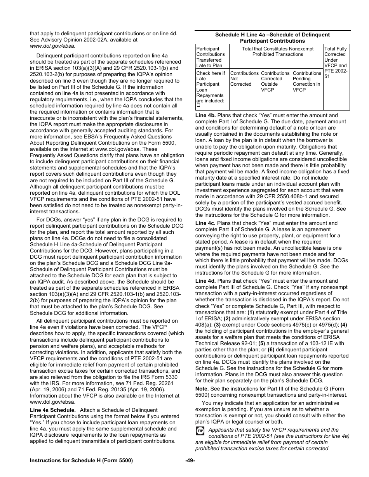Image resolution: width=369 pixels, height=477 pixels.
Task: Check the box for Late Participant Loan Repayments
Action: pos(198,105)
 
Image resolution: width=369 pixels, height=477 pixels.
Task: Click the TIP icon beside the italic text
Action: pos(200,431)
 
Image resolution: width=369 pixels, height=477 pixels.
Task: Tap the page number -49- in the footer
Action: pos(190,461)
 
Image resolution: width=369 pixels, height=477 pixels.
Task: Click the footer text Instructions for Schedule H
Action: pos(82,461)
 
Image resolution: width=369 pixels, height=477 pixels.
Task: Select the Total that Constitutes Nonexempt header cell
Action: pos(277,52)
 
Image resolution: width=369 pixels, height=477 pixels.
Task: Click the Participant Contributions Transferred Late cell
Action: pos(212,57)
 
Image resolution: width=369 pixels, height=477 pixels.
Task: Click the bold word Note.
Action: pos(202,389)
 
